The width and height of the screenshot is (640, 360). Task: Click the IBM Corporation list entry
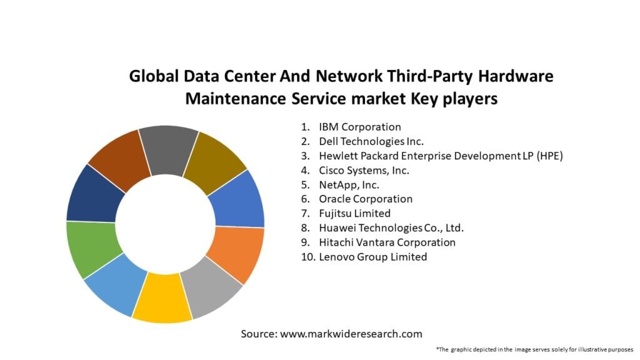click(359, 127)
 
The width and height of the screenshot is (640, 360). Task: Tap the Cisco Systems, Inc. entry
click(364, 171)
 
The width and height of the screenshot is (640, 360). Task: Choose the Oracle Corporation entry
click(366, 199)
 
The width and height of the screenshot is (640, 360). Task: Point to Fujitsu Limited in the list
click(354, 214)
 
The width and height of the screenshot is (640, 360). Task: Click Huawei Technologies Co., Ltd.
click(391, 228)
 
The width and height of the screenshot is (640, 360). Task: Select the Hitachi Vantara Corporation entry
click(387, 242)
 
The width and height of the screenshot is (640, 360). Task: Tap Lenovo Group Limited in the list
click(372, 257)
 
